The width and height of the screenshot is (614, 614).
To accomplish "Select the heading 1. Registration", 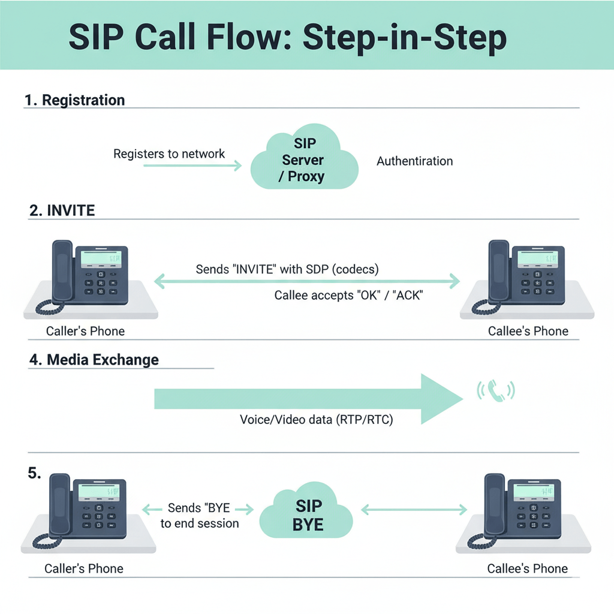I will tap(75, 100).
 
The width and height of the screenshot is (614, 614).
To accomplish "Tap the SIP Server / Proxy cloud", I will tap(304, 160).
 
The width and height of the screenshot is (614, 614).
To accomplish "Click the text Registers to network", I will tap(169, 153).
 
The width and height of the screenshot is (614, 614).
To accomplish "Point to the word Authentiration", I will tap(414, 161).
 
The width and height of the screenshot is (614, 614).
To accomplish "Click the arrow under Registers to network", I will tap(192, 165).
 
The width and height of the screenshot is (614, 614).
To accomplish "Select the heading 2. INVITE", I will tap(62, 210).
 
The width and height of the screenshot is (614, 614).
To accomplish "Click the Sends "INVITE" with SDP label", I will tap(287, 269).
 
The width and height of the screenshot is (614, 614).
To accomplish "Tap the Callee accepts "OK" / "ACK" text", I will tap(348, 295).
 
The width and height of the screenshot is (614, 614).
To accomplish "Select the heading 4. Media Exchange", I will tap(94, 360).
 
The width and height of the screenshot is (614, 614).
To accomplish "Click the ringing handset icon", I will tap(495, 390).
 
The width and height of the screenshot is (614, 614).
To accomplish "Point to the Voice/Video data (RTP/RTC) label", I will tap(316, 420).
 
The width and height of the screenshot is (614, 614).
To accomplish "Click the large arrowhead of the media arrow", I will tap(441, 399).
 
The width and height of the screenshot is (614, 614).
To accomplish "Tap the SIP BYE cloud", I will tap(308, 514).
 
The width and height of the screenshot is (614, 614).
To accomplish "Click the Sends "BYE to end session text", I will tap(199, 516).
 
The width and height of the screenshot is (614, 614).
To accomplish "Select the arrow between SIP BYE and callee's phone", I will tap(414, 510).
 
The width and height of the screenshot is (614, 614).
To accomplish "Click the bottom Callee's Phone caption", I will tap(527, 568).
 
